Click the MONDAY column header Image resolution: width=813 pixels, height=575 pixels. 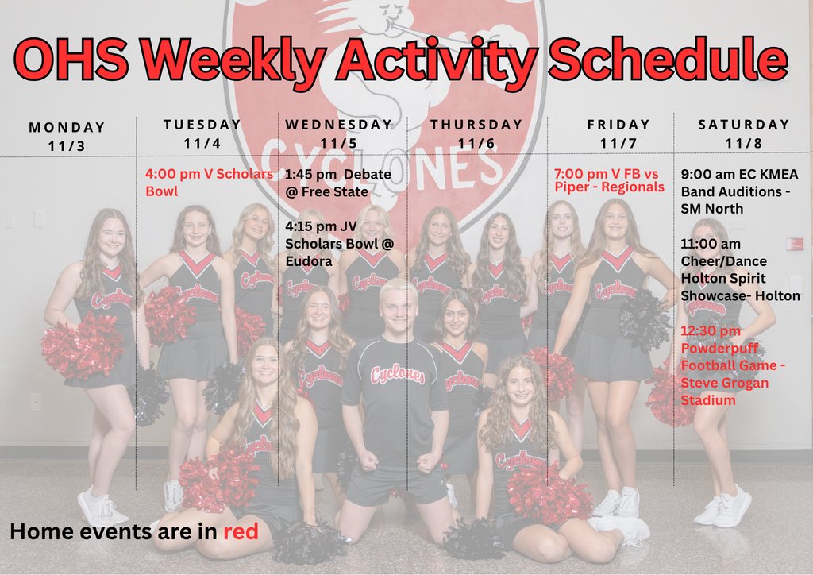(67, 127)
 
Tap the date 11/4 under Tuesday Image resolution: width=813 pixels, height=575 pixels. (202, 143)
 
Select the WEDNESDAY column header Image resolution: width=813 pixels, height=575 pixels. (339, 125)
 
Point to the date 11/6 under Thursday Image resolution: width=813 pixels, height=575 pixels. (476, 143)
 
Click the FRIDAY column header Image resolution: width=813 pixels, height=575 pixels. (618, 125)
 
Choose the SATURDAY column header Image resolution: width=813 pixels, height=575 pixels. (744, 125)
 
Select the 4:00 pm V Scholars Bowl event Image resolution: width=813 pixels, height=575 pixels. (209, 182)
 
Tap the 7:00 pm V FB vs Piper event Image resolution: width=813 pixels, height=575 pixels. (608, 180)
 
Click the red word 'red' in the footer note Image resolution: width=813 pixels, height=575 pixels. (241, 531)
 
